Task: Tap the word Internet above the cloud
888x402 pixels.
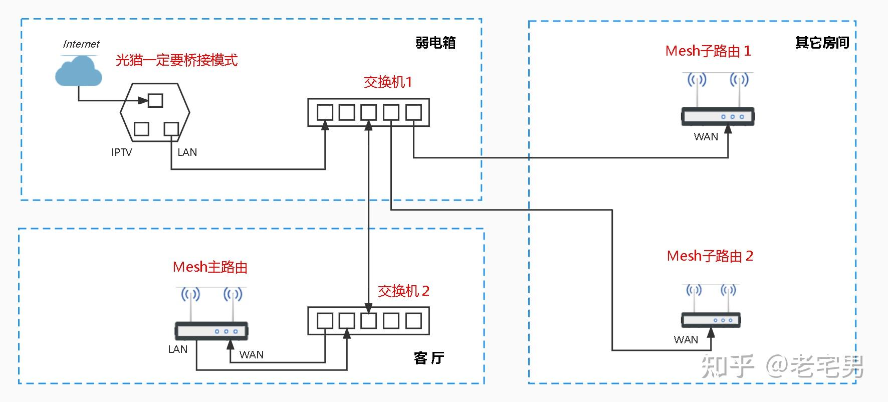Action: pyautogui.click(x=81, y=44)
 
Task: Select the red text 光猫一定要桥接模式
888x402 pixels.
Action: pyautogui.click(x=176, y=60)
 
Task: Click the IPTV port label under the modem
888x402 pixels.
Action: pyautogui.click(x=122, y=152)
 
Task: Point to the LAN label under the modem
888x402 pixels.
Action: pyautogui.click(x=187, y=152)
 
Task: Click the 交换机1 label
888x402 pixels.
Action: pyautogui.click(x=387, y=82)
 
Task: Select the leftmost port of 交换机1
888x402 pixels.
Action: pyautogui.click(x=325, y=112)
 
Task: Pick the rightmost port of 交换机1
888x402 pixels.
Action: pyautogui.click(x=413, y=112)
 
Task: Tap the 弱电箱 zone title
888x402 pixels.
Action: pyautogui.click(x=435, y=43)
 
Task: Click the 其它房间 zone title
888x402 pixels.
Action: pyautogui.click(x=822, y=43)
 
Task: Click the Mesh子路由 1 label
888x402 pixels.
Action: pyautogui.click(x=708, y=51)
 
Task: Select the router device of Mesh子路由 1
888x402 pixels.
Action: pyautogui.click(x=718, y=116)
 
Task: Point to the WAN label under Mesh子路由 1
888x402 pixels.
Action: pyautogui.click(x=706, y=137)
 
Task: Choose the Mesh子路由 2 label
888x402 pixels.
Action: pyautogui.click(x=710, y=256)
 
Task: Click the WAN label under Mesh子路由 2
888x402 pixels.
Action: pyautogui.click(x=686, y=340)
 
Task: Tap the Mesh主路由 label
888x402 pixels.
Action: pyautogui.click(x=210, y=267)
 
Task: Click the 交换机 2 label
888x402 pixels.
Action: pyautogui.click(x=403, y=291)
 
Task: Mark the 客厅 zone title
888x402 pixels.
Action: pyautogui.click(x=429, y=358)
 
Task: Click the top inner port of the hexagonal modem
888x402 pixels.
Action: pyautogui.click(x=155, y=100)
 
